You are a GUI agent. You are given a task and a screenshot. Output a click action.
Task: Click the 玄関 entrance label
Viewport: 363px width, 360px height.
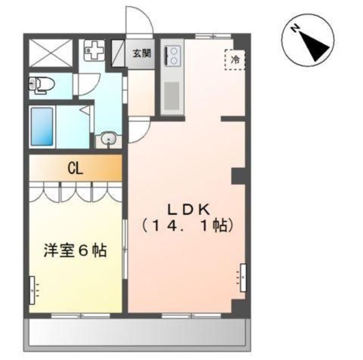[x=142, y=54]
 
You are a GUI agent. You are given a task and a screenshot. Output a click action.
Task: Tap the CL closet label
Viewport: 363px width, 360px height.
[x=75, y=169]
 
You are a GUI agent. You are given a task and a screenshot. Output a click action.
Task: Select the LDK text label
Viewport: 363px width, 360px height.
[x=188, y=210]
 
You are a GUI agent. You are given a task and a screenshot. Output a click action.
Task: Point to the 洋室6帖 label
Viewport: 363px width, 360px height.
[x=75, y=250]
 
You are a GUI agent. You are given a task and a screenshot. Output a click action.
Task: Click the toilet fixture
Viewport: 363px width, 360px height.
[x=41, y=85]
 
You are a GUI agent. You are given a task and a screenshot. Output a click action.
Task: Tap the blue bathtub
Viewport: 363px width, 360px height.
[x=42, y=127]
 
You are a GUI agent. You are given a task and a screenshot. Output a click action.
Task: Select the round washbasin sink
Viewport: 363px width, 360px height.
[x=109, y=139]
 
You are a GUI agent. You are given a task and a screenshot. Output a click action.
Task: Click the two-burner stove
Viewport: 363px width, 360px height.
[x=172, y=56]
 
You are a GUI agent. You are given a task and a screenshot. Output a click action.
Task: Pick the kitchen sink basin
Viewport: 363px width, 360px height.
[x=172, y=96]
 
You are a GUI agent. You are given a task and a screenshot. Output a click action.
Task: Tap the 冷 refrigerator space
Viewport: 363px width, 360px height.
[x=234, y=60]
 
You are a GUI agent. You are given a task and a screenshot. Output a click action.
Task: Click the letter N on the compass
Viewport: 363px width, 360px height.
[x=295, y=29]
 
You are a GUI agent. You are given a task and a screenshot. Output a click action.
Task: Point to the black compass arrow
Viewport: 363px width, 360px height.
[x=314, y=46]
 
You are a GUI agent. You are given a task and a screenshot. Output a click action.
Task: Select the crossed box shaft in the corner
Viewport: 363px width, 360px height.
[x=51, y=53]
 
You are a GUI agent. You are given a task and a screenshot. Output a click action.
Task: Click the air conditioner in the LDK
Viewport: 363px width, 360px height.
[x=243, y=278]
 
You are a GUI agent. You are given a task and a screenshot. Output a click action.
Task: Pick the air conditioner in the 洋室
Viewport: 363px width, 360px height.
[x=32, y=290]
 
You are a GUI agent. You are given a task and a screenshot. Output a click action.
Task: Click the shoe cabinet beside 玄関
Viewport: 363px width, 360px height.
[x=118, y=53]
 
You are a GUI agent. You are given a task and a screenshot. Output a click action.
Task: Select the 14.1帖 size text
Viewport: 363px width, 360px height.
[x=187, y=226]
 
